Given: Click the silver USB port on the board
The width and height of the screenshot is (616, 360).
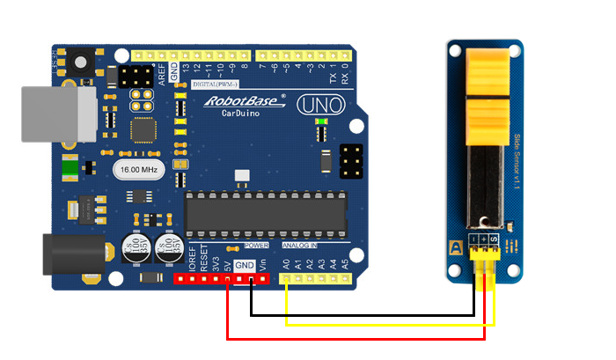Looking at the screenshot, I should pyautogui.click(x=58, y=114).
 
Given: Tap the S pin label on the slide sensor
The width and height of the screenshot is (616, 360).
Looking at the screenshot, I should pyautogui.click(x=495, y=239).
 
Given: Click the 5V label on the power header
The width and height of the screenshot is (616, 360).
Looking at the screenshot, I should pyautogui.click(x=227, y=261).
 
